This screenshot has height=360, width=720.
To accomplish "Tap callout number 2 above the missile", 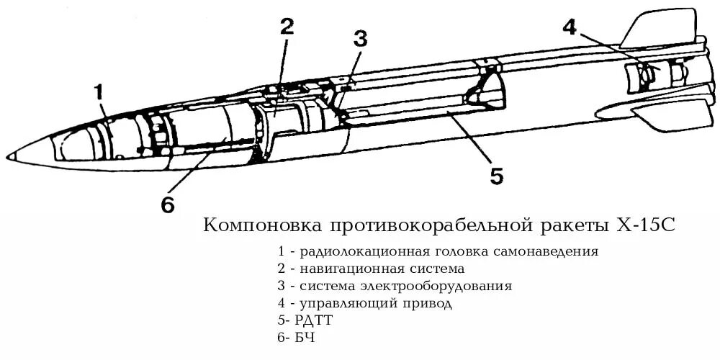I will [x=287, y=27].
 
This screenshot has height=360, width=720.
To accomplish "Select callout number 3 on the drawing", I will [x=361, y=39].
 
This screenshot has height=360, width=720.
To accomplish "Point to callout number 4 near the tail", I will [x=570, y=27].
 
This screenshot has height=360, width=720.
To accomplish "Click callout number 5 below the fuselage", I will [x=497, y=176].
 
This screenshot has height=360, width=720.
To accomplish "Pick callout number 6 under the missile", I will [x=167, y=205].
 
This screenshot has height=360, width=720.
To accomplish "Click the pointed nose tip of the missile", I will [x=9, y=156].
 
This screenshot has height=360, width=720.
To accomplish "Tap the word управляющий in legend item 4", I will [x=338, y=304].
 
